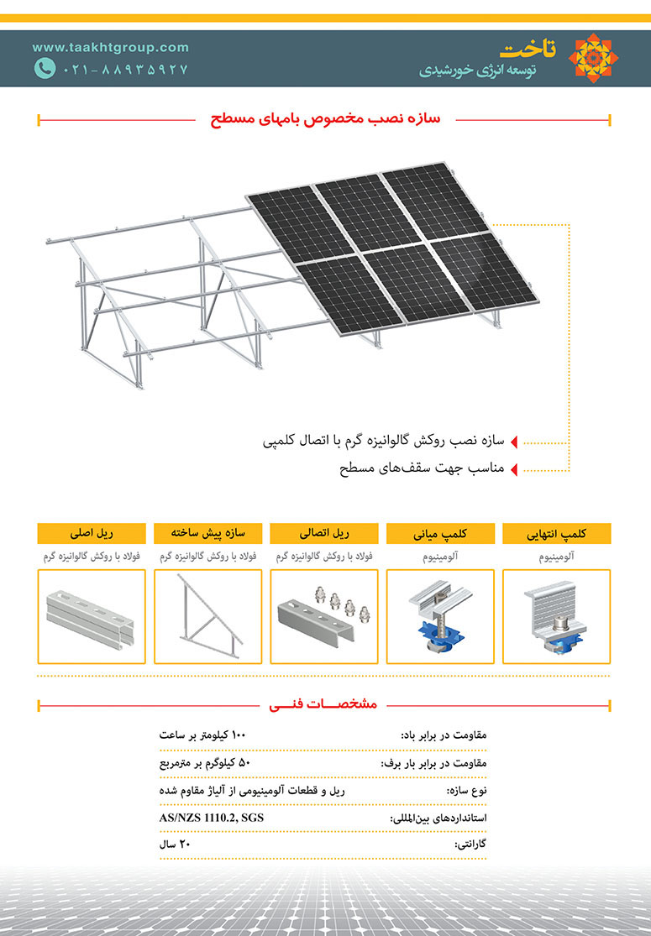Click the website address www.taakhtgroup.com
111,48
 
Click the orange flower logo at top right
594,58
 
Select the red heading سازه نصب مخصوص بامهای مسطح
325,120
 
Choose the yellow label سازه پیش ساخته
207,533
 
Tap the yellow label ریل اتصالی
323,533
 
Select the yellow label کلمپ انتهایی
556,533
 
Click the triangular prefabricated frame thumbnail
207,617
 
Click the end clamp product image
556,617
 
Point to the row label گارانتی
470,844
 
